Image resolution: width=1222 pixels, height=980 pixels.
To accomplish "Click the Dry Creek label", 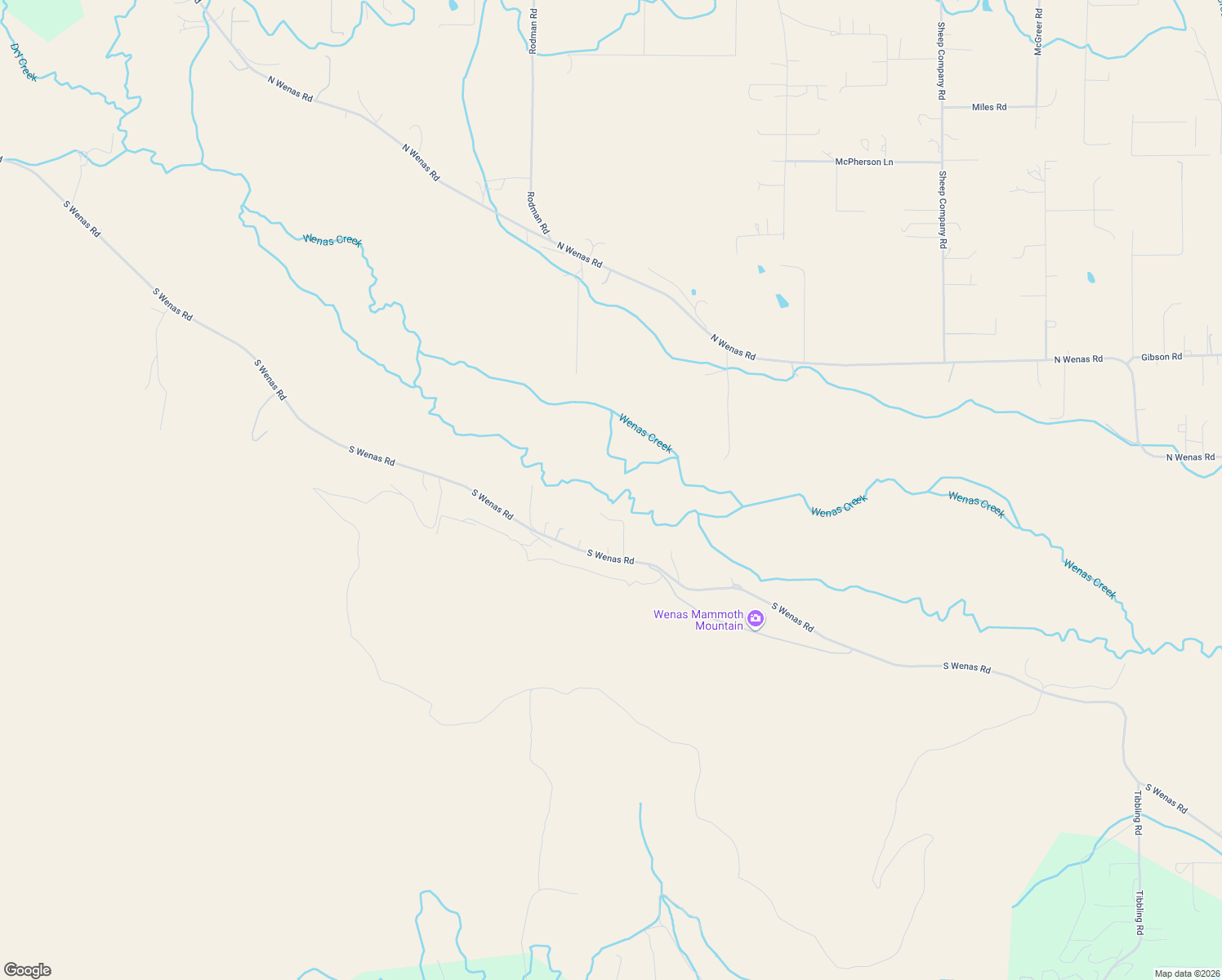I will (x=24, y=62).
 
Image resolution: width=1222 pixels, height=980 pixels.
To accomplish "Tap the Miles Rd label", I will (x=988, y=107).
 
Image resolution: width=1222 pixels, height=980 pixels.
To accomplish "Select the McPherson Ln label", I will (x=863, y=162).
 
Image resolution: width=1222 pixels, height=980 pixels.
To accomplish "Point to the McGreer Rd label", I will (x=1038, y=32).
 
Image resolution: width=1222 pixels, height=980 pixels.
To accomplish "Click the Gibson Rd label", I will (x=1161, y=357).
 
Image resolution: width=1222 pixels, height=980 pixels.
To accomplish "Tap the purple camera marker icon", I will (x=756, y=620).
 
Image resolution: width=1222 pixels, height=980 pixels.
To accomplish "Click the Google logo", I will (x=28, y=970).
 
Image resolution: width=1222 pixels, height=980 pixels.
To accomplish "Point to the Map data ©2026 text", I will (x=1185, y=973).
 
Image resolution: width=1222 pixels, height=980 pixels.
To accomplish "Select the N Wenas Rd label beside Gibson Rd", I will (x=1077, y=359).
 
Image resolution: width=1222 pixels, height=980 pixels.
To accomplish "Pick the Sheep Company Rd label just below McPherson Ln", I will (x=942, y=209).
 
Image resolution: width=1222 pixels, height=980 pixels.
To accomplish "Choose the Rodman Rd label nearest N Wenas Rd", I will (x=537, y=213).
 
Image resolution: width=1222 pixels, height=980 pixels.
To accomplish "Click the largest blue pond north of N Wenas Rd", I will (x=782, y=301).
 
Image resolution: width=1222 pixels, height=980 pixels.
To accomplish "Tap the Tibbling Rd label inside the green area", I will (x=1139, y=912).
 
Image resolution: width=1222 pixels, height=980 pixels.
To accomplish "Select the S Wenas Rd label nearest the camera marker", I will (x=792, y=617).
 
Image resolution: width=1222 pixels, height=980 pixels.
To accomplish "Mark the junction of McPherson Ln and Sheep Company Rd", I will (x=942, y=162).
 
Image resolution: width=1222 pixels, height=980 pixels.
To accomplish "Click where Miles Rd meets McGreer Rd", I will (x=1037, y=106).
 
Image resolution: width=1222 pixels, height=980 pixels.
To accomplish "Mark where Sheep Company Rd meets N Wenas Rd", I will (x=944, y=362).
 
